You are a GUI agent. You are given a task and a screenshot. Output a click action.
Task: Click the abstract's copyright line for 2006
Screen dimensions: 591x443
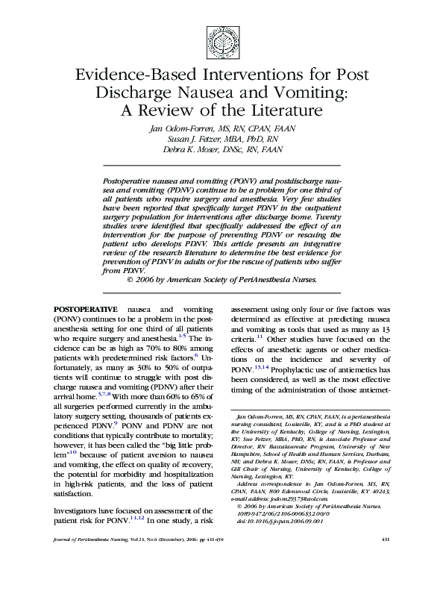point(222,279)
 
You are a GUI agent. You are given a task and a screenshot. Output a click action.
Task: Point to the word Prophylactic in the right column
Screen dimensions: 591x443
point(290,369)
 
